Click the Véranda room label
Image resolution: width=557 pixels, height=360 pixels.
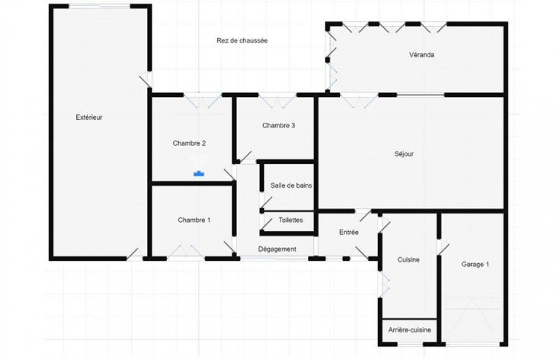[422, 54]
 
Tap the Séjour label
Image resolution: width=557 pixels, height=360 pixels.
[404, 154]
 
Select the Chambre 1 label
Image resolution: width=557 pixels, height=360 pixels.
[194, 220]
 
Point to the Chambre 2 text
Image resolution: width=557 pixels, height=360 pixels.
[189, 143]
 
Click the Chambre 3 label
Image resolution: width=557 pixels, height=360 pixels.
[278, 125]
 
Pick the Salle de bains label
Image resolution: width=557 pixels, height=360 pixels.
[292, 185]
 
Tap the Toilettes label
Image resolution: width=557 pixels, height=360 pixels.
[291, 220]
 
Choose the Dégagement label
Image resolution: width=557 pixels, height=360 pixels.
[278, 249]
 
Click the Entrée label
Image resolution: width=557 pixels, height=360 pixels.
[349, 232]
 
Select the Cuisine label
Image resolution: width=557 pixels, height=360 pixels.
[408, 260]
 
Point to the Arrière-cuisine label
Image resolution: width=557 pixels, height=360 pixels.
[409, 330]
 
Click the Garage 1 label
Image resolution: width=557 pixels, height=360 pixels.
[475, 264]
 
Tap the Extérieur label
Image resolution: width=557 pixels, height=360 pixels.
[89, 117]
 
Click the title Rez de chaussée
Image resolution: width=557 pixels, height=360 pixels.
[243, 41]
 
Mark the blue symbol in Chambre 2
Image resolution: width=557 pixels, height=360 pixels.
[199, 174]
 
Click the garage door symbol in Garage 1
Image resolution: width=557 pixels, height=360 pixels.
[472, 322]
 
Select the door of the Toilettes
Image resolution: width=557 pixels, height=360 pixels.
[267, 223]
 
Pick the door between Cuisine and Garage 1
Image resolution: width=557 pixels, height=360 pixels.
[443, 247]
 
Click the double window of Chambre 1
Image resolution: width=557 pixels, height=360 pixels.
[186, 252]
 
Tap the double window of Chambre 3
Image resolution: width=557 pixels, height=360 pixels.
[277, 100]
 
